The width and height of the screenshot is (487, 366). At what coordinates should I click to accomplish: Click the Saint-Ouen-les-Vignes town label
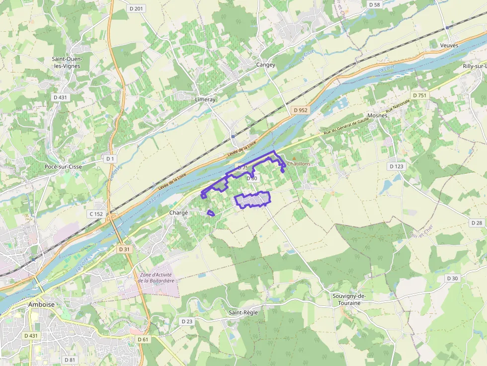67,63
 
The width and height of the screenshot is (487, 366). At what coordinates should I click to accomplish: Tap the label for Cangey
266,65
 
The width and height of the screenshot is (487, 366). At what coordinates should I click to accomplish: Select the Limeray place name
205,99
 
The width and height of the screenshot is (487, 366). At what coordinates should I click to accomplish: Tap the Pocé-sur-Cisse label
63,167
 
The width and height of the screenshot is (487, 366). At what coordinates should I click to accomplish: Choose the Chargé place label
179,213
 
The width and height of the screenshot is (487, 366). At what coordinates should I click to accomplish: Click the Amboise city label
42,304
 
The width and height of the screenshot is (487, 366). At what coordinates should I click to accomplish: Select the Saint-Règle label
243,312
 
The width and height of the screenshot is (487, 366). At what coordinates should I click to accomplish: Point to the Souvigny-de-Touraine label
349,299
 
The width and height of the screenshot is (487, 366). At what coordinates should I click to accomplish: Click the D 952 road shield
300,110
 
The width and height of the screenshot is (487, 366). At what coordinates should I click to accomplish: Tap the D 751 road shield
419,95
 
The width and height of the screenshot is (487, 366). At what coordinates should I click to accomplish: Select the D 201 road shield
136,9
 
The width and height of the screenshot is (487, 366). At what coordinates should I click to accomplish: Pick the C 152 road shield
96,214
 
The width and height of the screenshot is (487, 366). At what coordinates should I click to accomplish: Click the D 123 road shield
396,166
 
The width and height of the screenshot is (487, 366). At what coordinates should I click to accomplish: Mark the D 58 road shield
374,4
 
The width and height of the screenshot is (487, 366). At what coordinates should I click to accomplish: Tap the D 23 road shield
187,321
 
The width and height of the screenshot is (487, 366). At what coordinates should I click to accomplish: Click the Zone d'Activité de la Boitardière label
155,278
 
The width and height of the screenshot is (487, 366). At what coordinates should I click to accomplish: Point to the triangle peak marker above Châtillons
293,158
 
